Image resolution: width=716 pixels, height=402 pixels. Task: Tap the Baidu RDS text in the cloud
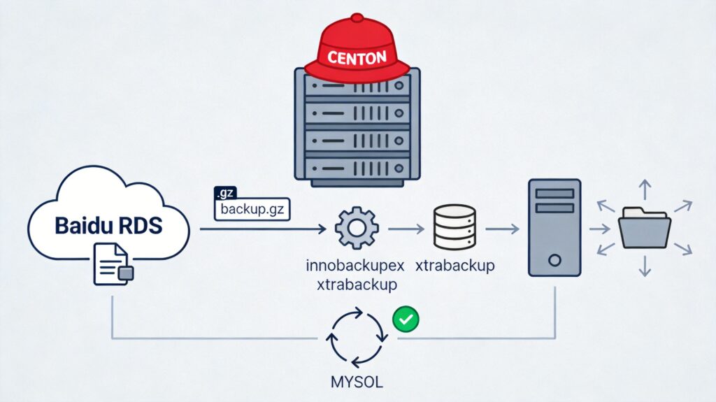coord(108,226)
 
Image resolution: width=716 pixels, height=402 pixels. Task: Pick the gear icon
coord(357,228)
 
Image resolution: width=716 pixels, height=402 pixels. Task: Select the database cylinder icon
coord(455,227)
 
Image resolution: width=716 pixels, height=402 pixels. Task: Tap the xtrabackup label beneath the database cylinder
coord(455,266)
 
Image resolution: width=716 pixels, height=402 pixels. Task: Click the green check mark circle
coord(406,320)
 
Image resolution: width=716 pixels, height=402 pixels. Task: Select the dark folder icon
coord(644,228)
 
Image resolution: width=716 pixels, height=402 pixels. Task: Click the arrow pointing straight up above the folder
coord(644,189)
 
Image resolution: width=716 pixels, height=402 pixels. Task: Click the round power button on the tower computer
coord(554,260)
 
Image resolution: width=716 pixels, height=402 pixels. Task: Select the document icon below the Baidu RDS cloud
coord(110,264)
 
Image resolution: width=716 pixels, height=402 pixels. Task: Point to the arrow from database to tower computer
coord(502,229)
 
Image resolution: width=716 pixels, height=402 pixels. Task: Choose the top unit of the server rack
coord(357,89)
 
